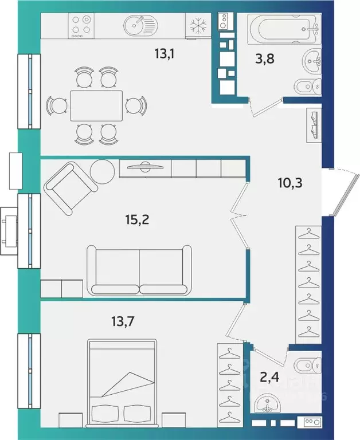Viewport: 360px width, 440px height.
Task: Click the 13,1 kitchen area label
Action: tap(165, 54)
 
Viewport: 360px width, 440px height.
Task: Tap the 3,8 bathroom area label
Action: tap(264, 59)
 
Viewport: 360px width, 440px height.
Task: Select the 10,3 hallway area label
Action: tap(290, 183)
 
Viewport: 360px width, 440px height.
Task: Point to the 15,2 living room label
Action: tap(137, 220)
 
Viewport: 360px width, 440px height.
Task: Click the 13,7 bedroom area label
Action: tap(123, 321)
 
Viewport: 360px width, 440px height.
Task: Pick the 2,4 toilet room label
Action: tap(269, 377)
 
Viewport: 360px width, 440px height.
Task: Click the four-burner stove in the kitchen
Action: tap(81, 26)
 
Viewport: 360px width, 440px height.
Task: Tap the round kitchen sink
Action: tap(140, 25)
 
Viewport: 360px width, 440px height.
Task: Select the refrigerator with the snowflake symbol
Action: tap(198, 26)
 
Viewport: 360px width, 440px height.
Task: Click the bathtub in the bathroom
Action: tap(284, 29)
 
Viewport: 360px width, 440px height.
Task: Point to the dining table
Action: tap(96, 106)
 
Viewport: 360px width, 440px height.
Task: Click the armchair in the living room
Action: tap(71, 188)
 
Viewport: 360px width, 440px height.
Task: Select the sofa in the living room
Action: tap(139, 270)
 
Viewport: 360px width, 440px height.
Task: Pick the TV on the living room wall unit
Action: tap(145, 166)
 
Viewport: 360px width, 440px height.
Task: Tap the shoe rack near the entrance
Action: tap(314, 125)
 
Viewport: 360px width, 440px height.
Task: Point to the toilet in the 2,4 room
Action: tap(307, 366)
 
